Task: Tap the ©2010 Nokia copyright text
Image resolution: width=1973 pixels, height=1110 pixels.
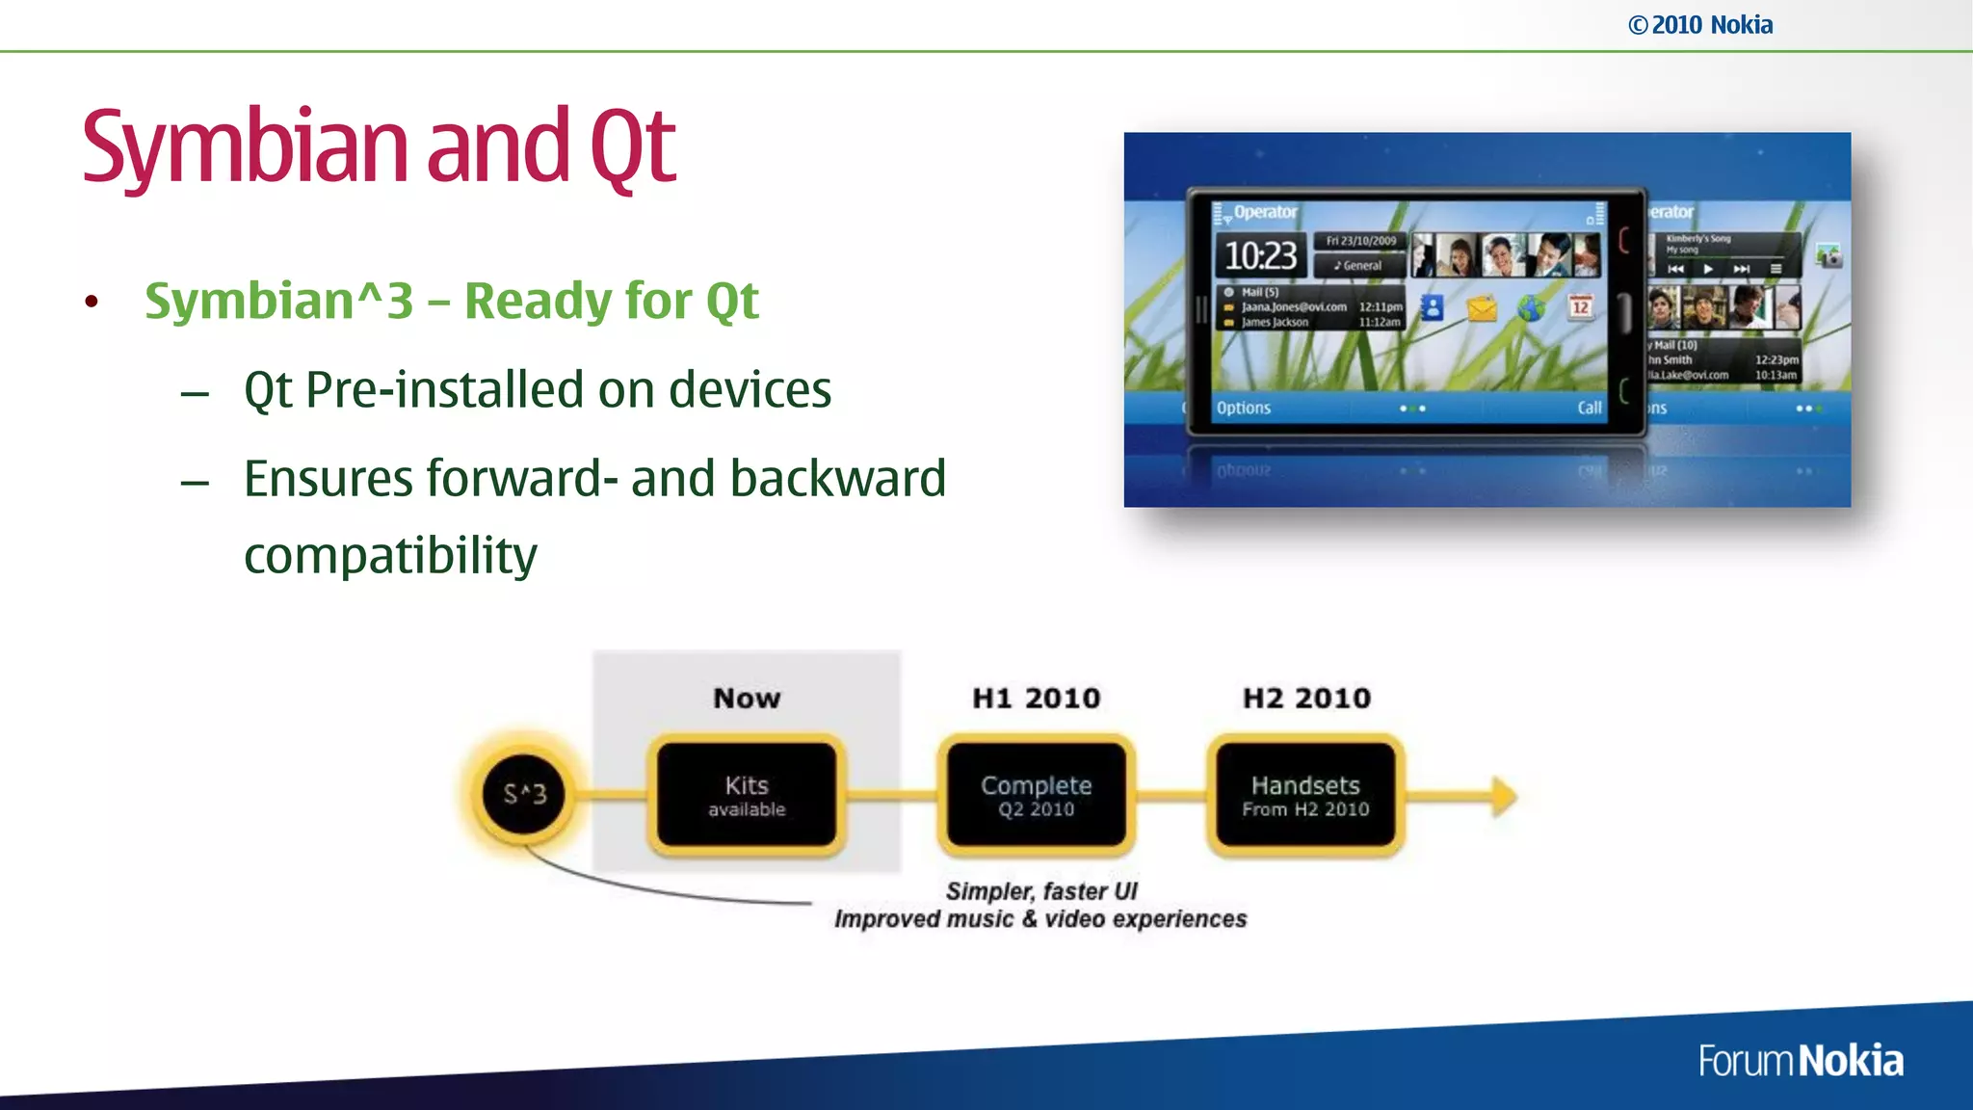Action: (1700, 25)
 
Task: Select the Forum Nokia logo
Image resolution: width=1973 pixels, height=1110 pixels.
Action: (1800, 1061)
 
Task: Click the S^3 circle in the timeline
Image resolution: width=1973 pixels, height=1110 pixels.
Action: (525, 794)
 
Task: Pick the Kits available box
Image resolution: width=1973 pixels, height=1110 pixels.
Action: (747, 795)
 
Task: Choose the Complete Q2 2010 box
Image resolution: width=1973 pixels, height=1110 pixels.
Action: (1036, 795)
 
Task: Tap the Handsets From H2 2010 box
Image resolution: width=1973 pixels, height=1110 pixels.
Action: (1305, 795)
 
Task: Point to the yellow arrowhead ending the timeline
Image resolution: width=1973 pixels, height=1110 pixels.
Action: (1503, 796)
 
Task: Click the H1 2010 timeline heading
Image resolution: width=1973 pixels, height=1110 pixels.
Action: (1036, 698)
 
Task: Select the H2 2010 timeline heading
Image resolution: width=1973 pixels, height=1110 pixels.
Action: (1306, 698)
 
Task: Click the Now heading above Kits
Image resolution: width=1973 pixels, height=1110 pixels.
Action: (747, 698)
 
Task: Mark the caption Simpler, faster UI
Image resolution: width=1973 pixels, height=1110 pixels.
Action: (1040, 891)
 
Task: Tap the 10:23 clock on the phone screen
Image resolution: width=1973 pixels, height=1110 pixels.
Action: (1260, 255)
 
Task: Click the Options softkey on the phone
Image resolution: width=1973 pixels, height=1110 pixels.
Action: (1243, 408)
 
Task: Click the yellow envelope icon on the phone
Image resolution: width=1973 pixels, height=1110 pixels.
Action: (1482, 308)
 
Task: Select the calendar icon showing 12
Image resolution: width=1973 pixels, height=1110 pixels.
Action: (1580, 307)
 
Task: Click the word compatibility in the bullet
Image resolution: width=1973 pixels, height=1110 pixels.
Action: (390, 556)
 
